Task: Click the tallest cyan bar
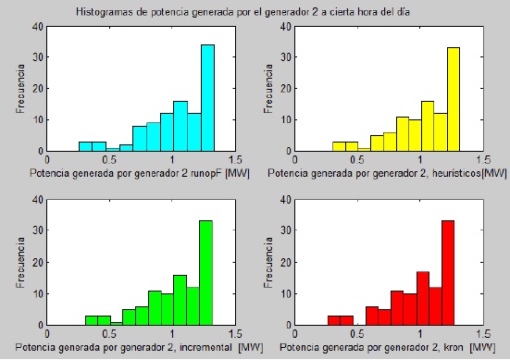point(207,98)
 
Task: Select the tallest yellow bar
point(454,100)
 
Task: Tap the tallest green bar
point(205,273)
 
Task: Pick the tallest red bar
point(448,273)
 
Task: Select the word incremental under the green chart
point(205,347)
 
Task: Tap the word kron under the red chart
point(454,347)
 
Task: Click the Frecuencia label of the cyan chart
point(20,89)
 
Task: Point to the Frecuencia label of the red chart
point(268,262)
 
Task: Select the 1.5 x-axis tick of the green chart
point(235,334)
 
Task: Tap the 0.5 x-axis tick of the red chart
point(357,334)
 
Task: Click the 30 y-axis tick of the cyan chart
point(37,57)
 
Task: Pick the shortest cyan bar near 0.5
point(113,150)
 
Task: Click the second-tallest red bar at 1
point(423,298)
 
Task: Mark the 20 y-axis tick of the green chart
point(37,262)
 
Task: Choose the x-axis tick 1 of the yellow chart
point(420,160)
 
